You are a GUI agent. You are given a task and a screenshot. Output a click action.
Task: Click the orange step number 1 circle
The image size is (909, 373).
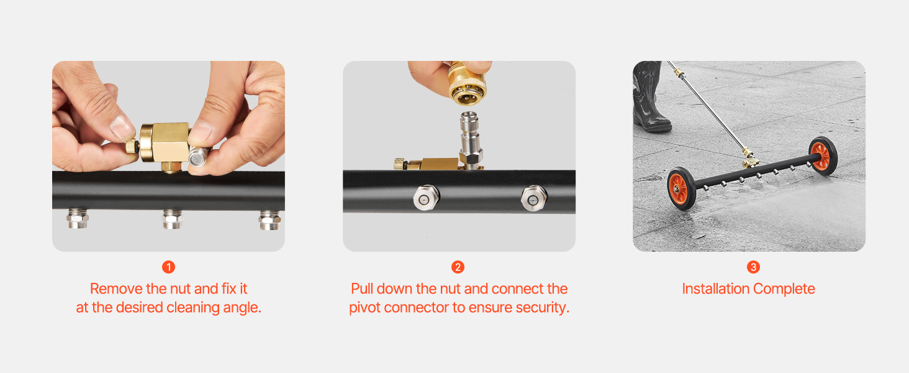168,267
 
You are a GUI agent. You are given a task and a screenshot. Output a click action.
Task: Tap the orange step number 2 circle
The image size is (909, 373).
458,267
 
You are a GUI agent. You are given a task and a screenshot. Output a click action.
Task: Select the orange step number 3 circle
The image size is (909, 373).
753,267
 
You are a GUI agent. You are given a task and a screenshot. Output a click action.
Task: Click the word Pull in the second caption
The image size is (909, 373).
362,288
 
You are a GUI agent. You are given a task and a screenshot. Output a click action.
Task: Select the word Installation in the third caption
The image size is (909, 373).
715,288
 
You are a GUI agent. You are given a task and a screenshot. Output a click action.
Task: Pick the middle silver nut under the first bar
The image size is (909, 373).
173,219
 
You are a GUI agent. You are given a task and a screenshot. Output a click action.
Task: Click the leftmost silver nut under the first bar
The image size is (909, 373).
78,219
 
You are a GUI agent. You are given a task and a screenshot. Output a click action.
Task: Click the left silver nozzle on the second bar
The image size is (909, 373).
426,198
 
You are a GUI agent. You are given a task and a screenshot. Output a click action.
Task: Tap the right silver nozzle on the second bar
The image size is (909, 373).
534,198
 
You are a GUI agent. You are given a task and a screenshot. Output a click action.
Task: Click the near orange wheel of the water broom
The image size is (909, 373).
681,188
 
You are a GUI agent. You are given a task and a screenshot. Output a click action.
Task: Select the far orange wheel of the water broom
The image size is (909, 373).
822,155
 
